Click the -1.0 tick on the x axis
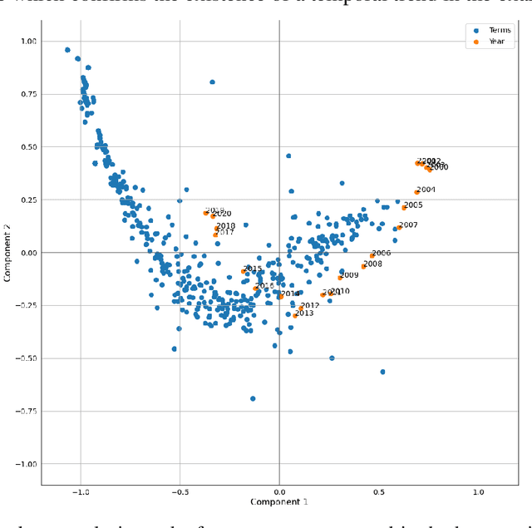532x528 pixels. click(81, 492)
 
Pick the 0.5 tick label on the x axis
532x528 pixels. click(378, 492)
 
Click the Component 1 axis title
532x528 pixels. click(279, 503)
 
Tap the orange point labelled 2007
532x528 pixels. click(399, 227)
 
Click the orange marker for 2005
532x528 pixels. click(404, 207)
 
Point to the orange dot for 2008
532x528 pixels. click(363, 266)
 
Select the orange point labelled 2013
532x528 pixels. click(294, 316)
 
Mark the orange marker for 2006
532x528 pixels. click(372, 255)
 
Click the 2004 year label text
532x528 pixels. click(426, 190)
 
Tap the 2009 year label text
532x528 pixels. click(349, 275)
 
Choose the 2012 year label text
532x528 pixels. click(309, 306)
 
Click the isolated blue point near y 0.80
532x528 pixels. click(212, 82)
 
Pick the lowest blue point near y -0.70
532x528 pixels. click(253, 398)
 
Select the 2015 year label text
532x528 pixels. click(253, 269)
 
